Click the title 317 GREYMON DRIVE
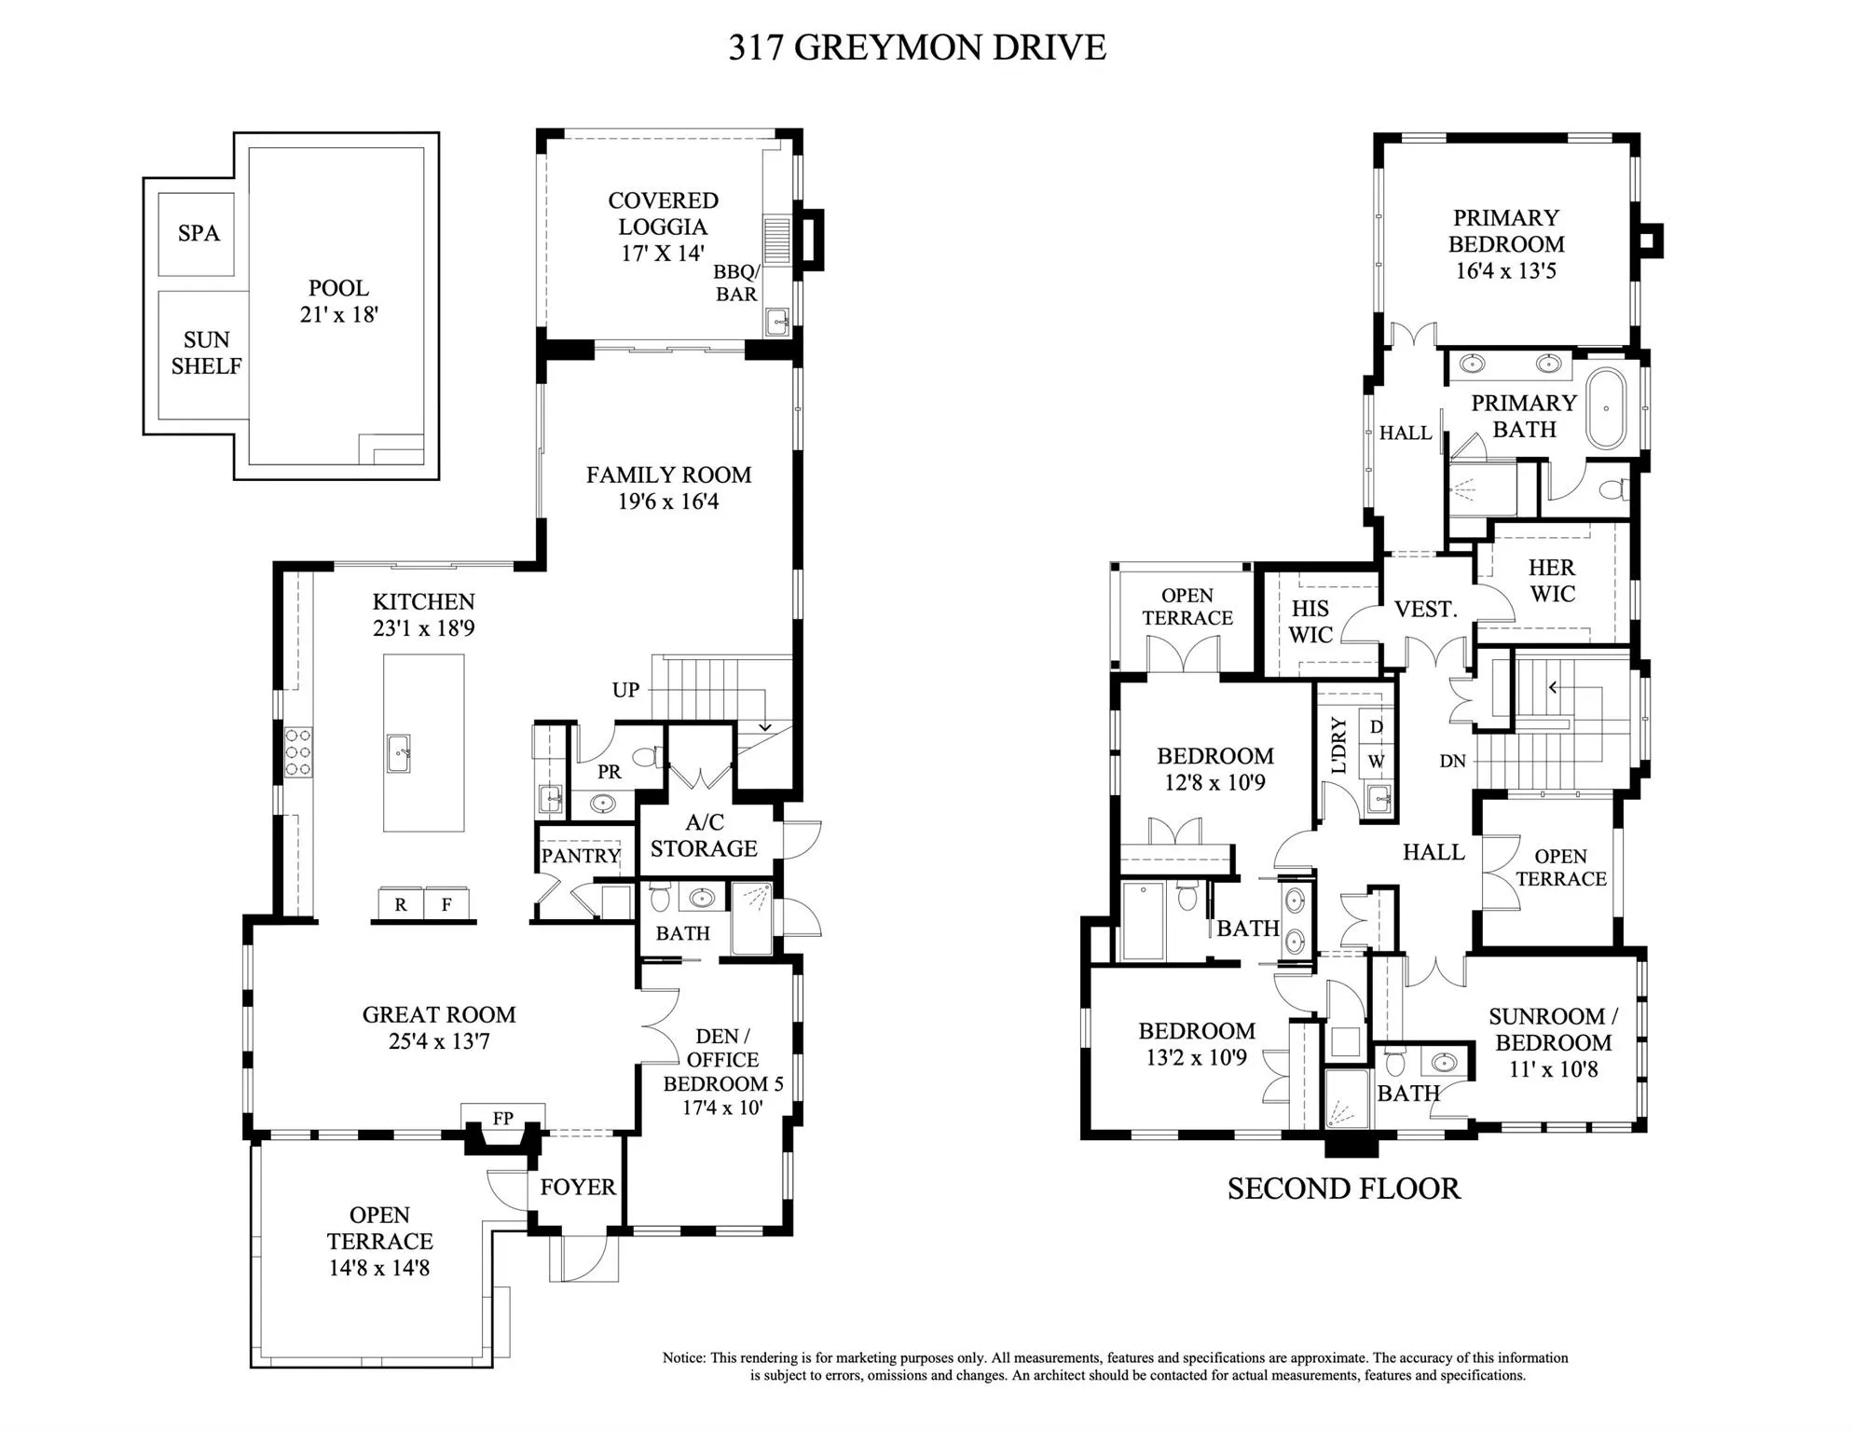tap(917, 48)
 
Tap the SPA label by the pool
tap(199, 233)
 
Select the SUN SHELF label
tap(206, 353)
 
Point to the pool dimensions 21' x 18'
tap(339, 315)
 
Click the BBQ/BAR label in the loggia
tap(736, 282)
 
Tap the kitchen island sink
tap(399, 753)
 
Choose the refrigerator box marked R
tap(401, 904)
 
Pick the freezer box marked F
tap(446, 904)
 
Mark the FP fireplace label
tap(503, 1119)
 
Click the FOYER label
tap(578, 1187)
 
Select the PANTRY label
tap(581, 856)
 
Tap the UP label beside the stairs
tap(625, 690)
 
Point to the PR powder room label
tap(610, 772)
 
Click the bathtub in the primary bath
tap(1606, 409)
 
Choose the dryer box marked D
tap(1377, 727)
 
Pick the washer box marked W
tap(1377, 761)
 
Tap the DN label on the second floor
tap(1452, 761)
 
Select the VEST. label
tap(1425, 609)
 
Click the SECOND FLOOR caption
tap(1344, 1189)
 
